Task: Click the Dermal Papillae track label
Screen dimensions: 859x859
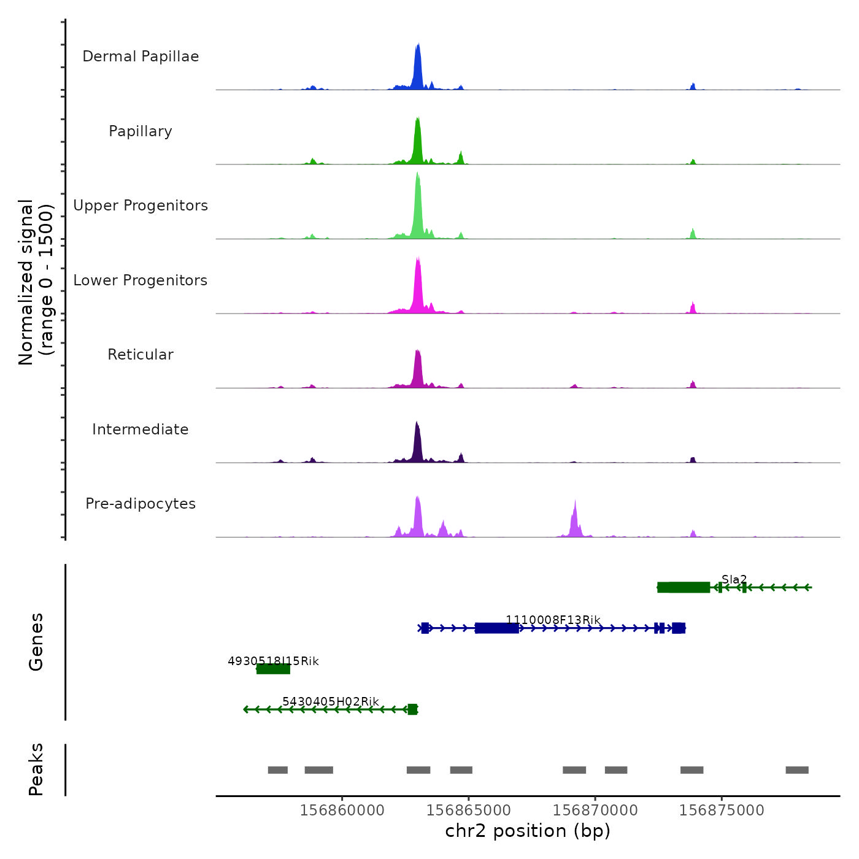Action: point(141,56)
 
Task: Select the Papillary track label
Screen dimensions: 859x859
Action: point(141,131)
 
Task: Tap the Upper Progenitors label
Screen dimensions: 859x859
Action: point(141,206)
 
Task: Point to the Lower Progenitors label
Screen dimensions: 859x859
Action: point(141,280)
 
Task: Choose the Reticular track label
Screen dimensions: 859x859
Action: point(141,355)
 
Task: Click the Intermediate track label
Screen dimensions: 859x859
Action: point(141,429)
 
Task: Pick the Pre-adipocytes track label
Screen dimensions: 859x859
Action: point(141,504)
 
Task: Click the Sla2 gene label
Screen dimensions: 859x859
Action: point(734,579)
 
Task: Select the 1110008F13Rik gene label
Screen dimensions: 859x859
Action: point(553,620)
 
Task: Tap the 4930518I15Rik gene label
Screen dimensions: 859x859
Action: point(273,661)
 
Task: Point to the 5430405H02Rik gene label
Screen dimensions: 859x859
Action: point(330,701)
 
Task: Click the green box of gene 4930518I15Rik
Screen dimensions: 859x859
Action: point(273,669)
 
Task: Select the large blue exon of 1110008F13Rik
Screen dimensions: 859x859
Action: point(496,628)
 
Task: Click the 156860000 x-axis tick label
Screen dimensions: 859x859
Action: point(342,811)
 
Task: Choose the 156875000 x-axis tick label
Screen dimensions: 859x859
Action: point(722,811)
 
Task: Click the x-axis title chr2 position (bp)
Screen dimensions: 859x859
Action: point(528,831)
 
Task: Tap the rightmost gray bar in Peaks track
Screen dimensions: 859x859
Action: point(796,770)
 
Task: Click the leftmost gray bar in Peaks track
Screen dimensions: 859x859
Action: point(277,770)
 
